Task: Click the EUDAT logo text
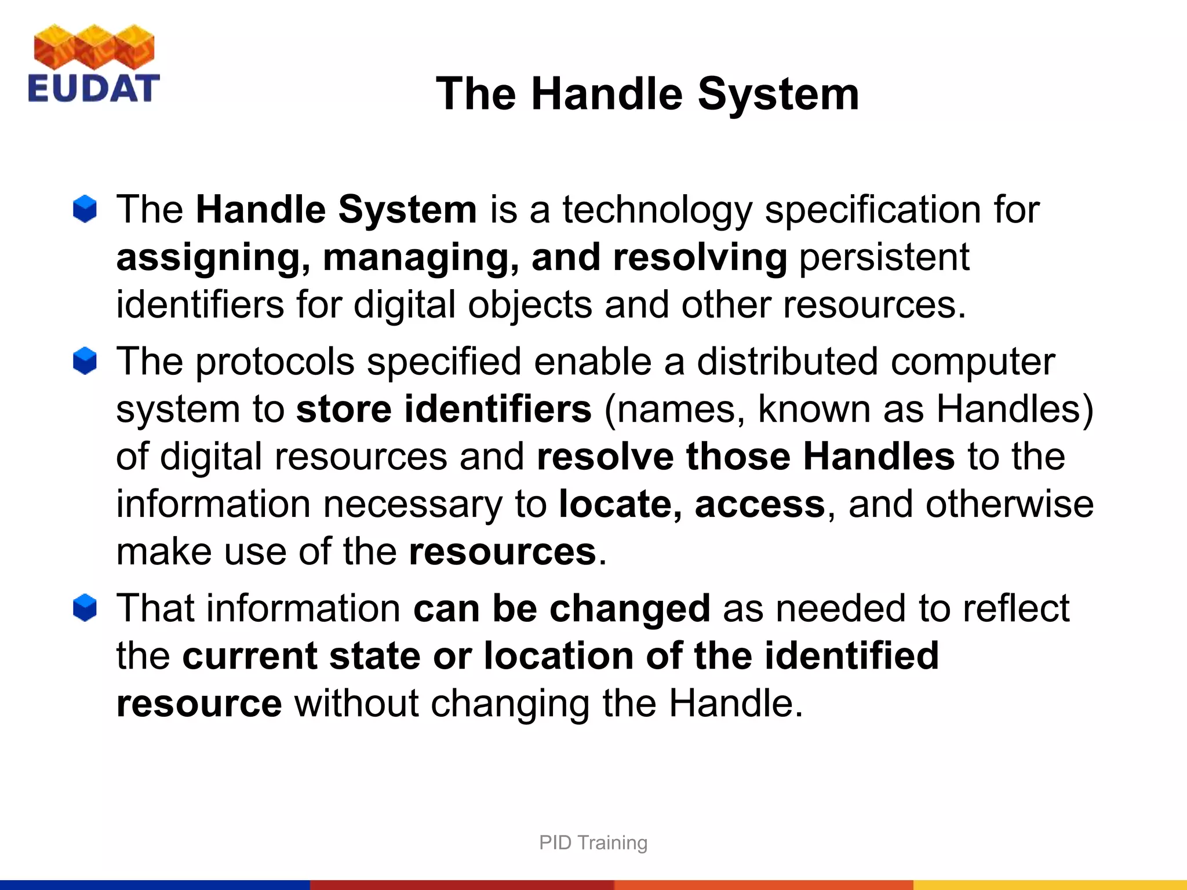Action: [93, 89]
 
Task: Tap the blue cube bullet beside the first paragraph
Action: [85, 209]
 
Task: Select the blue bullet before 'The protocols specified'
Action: [85, 361]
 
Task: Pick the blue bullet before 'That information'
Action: [85, 608]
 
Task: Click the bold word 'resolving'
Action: [700, 258]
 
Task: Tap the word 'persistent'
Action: [884, 257]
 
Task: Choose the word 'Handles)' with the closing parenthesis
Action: [1015, 410]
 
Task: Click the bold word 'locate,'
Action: [620, 505]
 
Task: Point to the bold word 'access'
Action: [759, 505]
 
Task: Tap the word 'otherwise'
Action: [1009, 504]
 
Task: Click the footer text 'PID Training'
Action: [593, 842]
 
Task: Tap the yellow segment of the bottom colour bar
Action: [1049, 885]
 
